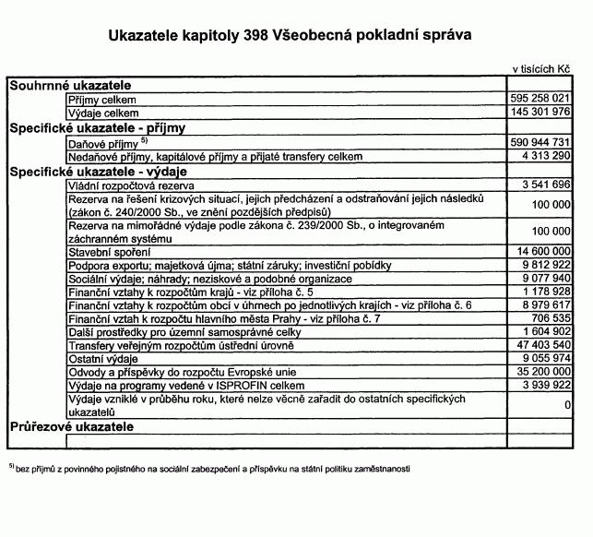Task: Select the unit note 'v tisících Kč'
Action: pos(542,70)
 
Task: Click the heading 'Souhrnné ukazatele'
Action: pos(70,85)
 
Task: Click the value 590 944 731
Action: pos(540,144)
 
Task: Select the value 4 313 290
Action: pos(547,157)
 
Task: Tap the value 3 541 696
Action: pos(547,185)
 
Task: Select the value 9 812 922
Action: pos(547,264)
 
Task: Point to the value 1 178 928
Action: pos(547,291)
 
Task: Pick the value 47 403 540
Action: pos(544,344)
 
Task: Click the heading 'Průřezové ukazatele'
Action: pos(72,427)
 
